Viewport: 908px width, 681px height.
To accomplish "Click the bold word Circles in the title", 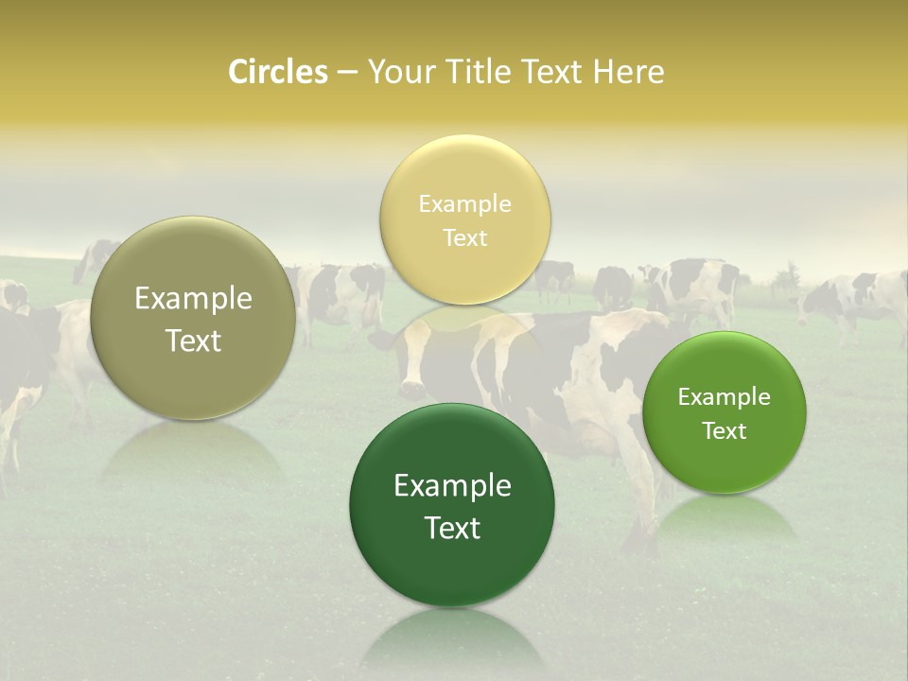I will click(x=278, y=72).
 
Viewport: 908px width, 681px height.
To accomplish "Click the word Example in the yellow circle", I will click(x=465, y=204).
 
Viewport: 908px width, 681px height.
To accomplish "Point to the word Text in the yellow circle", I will click(x=465, y=238).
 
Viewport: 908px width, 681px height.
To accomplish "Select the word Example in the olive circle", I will click(x=193, y=299).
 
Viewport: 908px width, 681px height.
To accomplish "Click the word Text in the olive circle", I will click(x=193, y=340).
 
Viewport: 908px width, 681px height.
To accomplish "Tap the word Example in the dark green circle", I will click(x=452, y=486).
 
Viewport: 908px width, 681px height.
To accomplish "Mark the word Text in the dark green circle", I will click(x=452, y=528).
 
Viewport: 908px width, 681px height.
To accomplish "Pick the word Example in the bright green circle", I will click(x=725, y=397).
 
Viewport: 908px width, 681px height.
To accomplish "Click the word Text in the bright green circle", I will click(x=725, y=431).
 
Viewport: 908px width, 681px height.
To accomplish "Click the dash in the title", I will click(x=347, y=73).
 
